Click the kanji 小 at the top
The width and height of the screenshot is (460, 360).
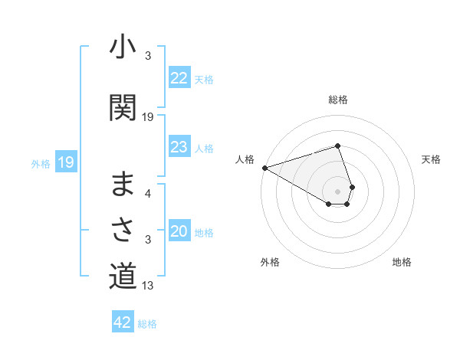(123, 48)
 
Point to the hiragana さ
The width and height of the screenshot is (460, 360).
(123, 229)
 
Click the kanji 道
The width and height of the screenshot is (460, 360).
(123, 276)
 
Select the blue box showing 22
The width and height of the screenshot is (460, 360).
(179, 77)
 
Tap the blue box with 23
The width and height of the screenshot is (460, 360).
(179, 147)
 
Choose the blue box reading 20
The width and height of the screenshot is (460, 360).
(179, 231)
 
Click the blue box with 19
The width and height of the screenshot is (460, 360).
(65, 162)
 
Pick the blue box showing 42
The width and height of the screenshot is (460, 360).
(123, 322)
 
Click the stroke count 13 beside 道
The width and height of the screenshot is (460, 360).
(148, 286)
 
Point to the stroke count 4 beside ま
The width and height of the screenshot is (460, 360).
(148, 194)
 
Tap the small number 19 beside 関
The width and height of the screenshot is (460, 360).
(148, 117)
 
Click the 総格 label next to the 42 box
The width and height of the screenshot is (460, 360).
(147, 324)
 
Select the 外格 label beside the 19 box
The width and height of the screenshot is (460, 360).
(40, 163)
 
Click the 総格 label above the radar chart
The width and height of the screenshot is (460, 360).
(338, 100)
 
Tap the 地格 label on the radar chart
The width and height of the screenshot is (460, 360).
(402, 262)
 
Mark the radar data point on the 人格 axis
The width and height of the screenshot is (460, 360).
(264, 168)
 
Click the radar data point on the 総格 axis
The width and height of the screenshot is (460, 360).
(338, 146)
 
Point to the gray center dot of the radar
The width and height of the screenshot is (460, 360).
(338, 191)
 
